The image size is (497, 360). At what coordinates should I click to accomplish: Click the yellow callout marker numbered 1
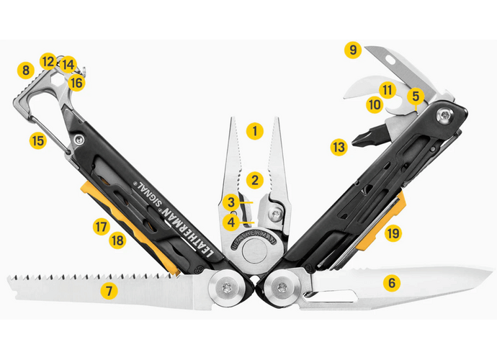(254, 131)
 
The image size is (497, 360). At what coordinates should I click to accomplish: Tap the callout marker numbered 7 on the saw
(109, 291)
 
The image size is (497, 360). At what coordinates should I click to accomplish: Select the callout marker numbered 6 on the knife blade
(392, 283)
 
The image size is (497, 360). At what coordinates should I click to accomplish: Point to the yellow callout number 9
(352, 50)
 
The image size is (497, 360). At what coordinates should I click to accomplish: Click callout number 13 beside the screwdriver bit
(339, 147)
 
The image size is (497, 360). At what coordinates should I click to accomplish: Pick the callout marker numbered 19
(393, 233)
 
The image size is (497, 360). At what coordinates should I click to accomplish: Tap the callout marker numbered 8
(26, 71)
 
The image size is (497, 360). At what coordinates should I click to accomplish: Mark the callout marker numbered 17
(100, 226)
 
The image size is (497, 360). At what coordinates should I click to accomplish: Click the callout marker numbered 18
(117, 240)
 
